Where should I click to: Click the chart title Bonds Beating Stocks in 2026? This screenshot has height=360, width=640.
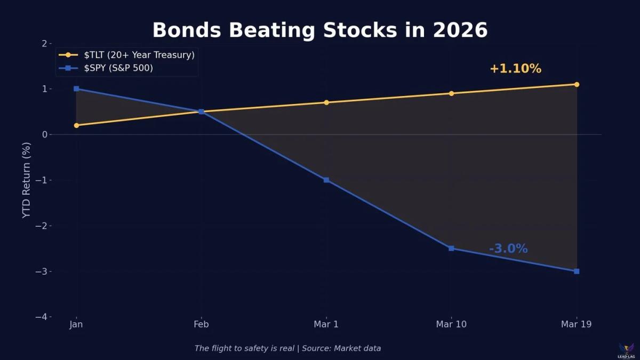(x=320, y=30)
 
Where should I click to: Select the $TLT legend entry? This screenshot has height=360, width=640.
(x=139, y=54)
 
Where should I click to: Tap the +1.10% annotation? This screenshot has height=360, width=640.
(x=515, y=69)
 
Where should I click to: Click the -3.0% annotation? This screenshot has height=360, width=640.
(x=508, y=249)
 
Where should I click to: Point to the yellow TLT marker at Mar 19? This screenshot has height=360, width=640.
(x=577, y=84)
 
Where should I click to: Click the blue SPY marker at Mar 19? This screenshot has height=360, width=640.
(x=577, y=271)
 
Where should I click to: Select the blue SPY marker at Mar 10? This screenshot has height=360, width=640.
(x=451, y=248)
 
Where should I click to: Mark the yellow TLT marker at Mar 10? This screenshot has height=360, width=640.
(x=451, y=93)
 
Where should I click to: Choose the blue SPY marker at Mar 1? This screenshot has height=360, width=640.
(x=326, y=180)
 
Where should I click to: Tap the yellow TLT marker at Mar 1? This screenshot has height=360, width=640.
(x=326, y=102)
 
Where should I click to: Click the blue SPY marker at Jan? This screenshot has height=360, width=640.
(x=76, y=89)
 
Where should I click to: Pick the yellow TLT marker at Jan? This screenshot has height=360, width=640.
(x=76, y=125)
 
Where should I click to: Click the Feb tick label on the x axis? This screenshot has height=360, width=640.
(x=201, y=325)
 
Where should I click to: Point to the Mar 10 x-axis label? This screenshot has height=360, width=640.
(x=451, y=325)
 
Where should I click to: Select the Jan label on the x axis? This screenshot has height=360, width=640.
(x=76, y=325)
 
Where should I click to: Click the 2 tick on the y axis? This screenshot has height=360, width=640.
(x=44, y=43)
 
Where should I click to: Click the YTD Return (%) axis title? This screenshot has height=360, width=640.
(x=27, y=180)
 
